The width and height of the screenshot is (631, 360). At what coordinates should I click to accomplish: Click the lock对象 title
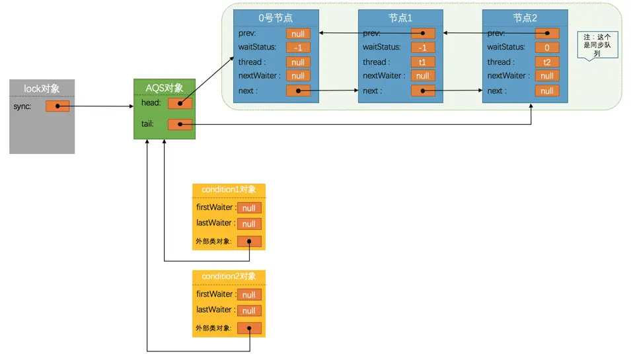point(42,88)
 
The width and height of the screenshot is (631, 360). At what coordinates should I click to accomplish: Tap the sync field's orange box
point(57,106)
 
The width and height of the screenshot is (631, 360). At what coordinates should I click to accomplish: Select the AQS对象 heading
point(164,88)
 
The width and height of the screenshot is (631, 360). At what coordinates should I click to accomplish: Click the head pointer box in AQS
point(180,103)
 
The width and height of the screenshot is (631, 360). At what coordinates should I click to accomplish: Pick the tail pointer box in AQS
point(180,124)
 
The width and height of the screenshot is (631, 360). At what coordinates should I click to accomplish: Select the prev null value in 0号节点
point(298,33)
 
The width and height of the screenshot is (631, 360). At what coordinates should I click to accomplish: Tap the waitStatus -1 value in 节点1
point(423,48)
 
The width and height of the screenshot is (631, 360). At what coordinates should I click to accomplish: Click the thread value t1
point(423,62)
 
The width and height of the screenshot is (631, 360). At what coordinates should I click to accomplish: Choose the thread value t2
point(547,62)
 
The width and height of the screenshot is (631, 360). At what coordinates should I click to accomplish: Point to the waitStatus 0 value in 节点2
point(547,48)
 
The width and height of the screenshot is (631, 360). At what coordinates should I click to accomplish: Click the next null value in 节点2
point(547,91)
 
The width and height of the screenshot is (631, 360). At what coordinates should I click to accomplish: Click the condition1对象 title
point(229,190)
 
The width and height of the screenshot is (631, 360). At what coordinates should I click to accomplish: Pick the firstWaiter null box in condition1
point(249,208)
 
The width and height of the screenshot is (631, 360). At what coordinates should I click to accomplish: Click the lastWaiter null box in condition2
point(249,310)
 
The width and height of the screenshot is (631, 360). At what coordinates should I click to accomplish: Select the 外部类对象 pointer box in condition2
point(249,328)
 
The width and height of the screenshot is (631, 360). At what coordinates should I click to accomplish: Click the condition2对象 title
point(229,276)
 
